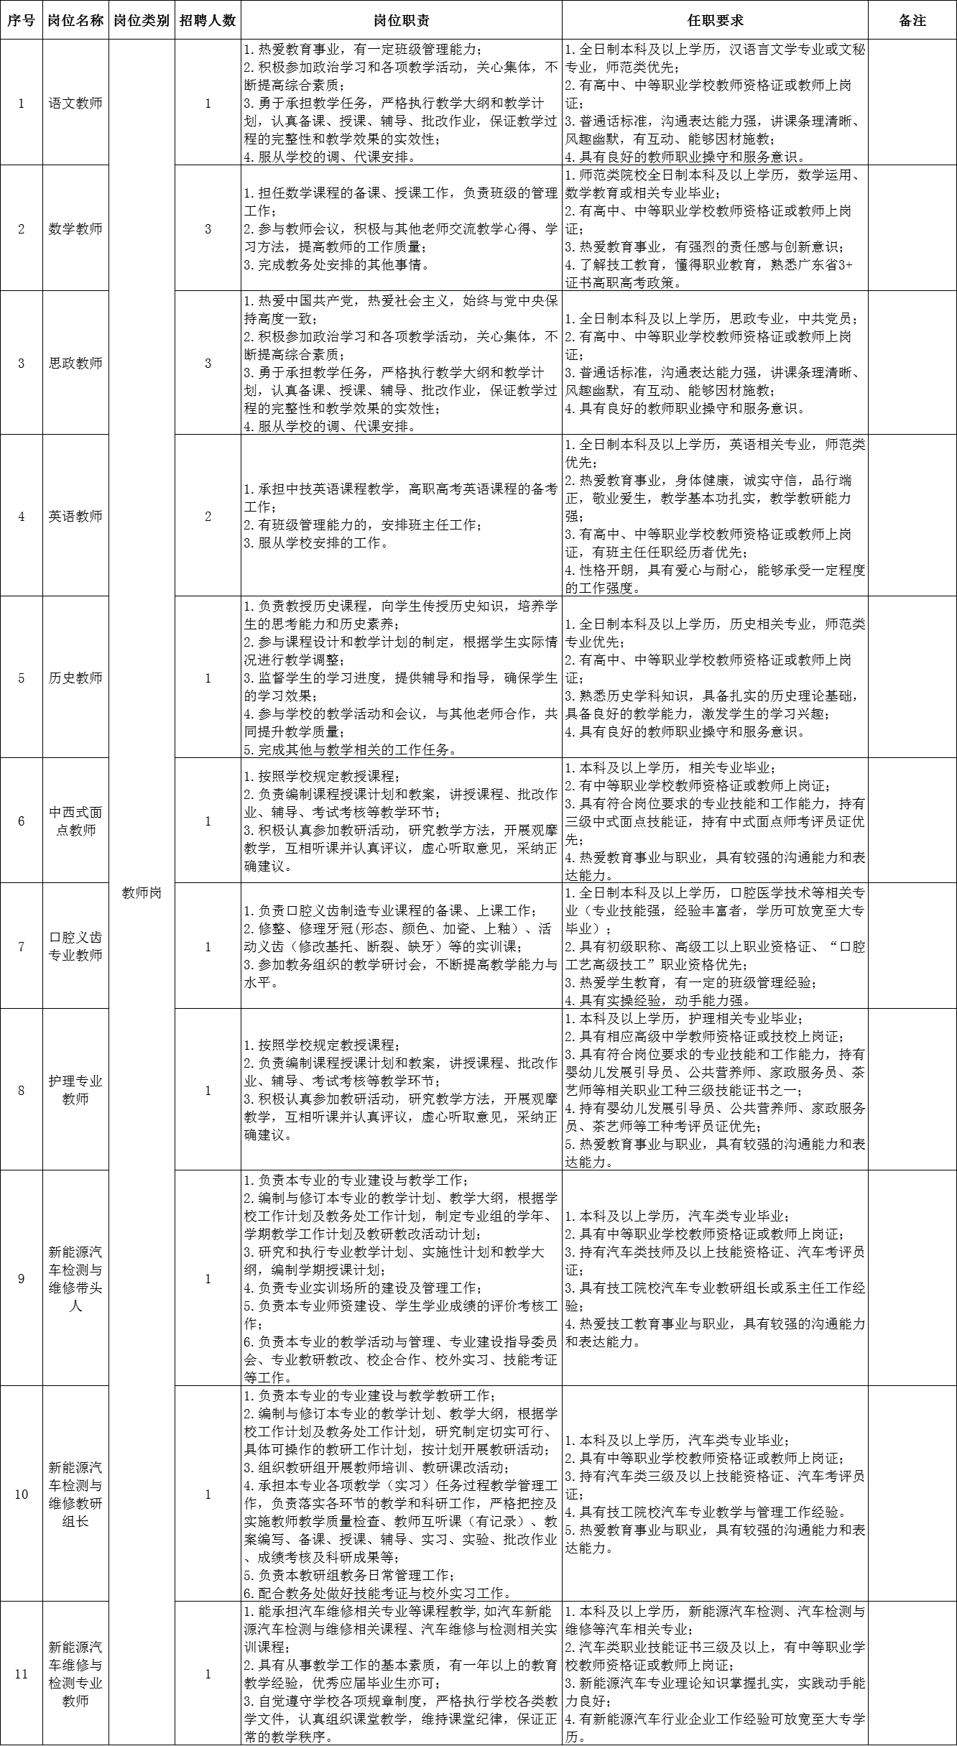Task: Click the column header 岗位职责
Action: click(x=402, y=20)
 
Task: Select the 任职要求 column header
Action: click(x=715, y=20)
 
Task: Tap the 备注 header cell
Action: click(x=912, y=20)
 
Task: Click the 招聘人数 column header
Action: click(x=208, y=20)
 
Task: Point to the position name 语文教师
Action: click(x=75, y=103)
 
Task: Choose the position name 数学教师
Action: click(x=75, y=229)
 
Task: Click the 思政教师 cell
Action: click(x=75, y=363)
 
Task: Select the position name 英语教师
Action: click(x=75, y=516)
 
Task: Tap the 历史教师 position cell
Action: click(x=75, y=678)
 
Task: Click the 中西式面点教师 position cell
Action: click(x=75, y=821)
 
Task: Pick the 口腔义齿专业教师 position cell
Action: click(x=75, y=946)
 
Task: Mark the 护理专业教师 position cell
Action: click(x=75, y=1090)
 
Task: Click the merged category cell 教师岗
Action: click(x=142, y=893)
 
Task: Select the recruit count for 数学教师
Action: click(x=208, y=229)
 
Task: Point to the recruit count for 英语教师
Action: click(x=208, y=516)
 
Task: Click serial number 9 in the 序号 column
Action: click(x=21, y=1278)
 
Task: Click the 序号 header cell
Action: click(x=21, y=20)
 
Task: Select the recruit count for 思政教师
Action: click(x=208, y=363)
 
